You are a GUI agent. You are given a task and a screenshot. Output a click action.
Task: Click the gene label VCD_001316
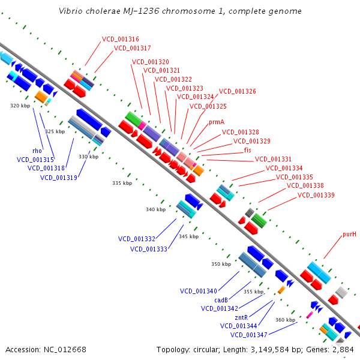[x=120, y=39]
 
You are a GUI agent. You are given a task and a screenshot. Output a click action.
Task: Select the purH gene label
[x=349, y=234]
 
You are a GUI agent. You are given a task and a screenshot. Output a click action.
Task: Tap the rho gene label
[x=37, y=151]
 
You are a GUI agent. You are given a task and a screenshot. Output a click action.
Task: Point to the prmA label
[x=217, y=122]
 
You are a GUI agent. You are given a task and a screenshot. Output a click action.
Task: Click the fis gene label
[x=247, y=150]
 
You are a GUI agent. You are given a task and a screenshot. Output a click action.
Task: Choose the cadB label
[x=221, y=300]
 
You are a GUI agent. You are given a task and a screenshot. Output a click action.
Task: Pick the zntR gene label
[x=241, y=317]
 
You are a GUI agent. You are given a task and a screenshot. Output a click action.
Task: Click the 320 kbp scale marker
[x=20, y=106]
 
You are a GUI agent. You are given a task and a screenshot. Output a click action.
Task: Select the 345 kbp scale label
[x=188, y=236]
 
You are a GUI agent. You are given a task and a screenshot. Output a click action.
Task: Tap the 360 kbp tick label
[x=285, y=320]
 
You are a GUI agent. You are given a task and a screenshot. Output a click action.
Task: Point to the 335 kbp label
[x=122, y=183]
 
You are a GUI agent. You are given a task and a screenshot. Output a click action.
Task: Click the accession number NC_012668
[x=66, y=349]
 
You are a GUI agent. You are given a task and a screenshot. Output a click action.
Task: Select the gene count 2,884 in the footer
[x=342, y=349]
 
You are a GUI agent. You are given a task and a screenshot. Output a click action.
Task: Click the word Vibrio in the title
[x=71, y=11]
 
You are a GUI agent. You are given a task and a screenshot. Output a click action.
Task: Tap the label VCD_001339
[x=316, y=195]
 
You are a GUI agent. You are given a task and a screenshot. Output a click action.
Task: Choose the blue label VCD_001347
[x=248, y=335]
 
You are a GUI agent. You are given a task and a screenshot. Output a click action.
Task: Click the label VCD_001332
[x=137, y=239]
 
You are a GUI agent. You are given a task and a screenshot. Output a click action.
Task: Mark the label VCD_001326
[x=237, y=92]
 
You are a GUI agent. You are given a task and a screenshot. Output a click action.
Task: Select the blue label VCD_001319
[x=59, y=178]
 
